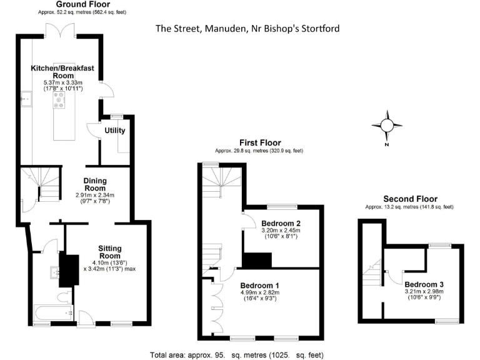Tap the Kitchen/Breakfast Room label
pos(63,71)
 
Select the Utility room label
pos(115,131)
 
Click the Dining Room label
pos(96,184)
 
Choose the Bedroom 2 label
pos(281,223)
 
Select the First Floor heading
pos(259,142)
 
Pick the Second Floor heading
pos(409,199)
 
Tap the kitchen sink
pos(27,99)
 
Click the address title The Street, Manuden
pos(248,29)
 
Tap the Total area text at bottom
pos(237,355)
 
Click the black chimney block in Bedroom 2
pos(257,260)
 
